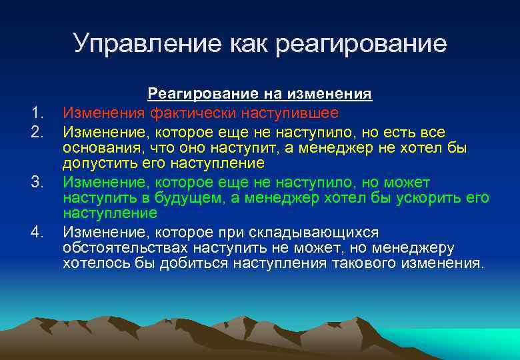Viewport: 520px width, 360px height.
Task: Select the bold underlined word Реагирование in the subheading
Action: click(193, 95)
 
